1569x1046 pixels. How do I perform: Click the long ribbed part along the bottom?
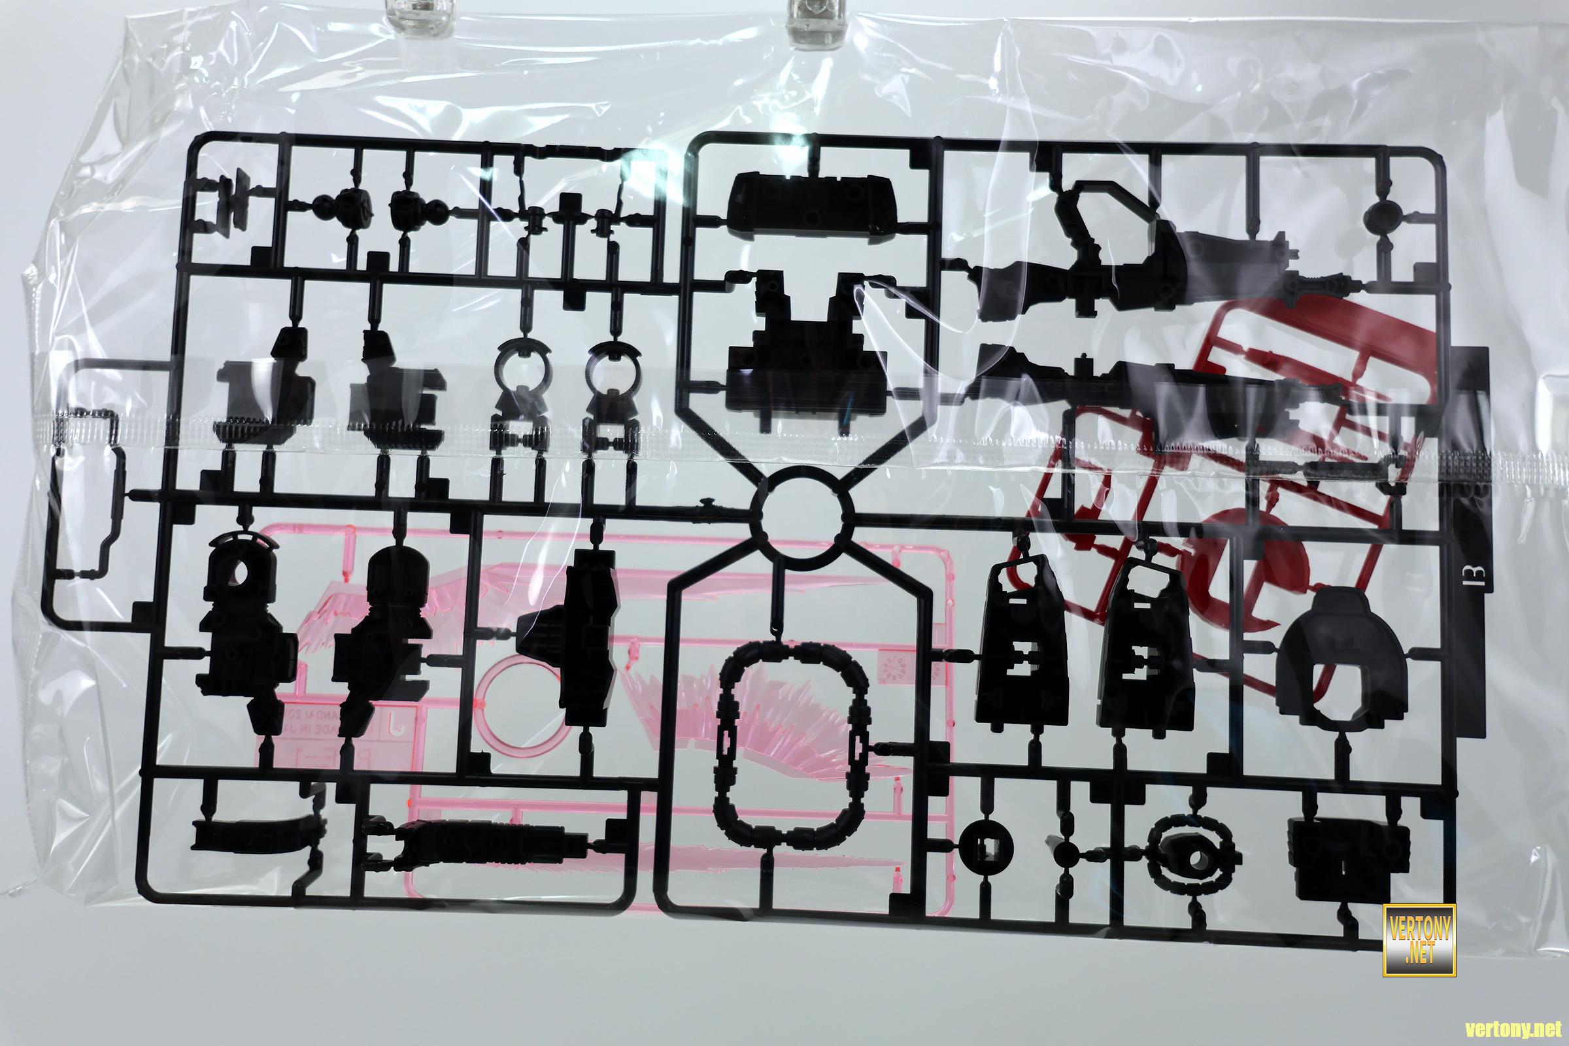point(487,844)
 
